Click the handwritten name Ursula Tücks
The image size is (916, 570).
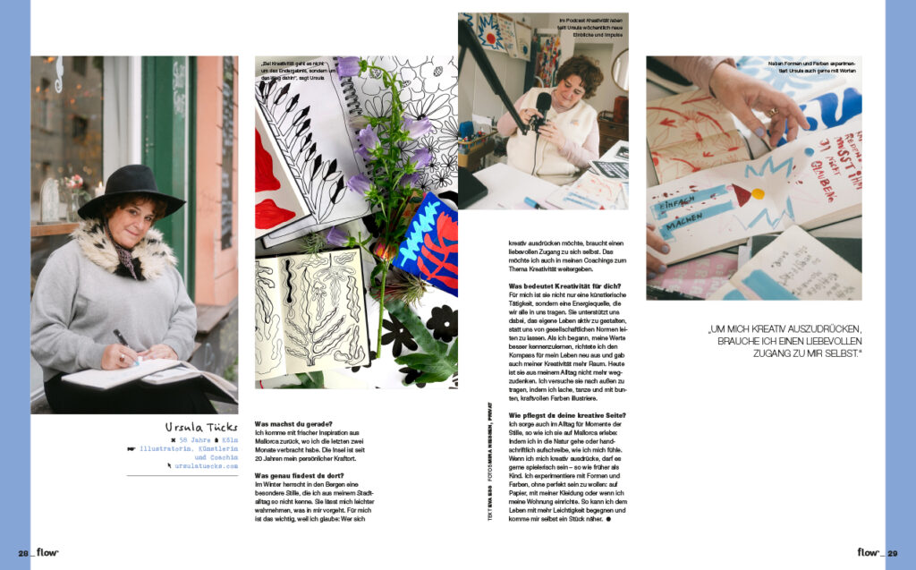coord(201,429)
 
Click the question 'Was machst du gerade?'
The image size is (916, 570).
coord(293,423)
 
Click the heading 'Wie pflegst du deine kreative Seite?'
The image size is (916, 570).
coord(567,415)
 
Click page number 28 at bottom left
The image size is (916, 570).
coord(24,552)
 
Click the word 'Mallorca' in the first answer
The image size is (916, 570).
coord(273,442)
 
